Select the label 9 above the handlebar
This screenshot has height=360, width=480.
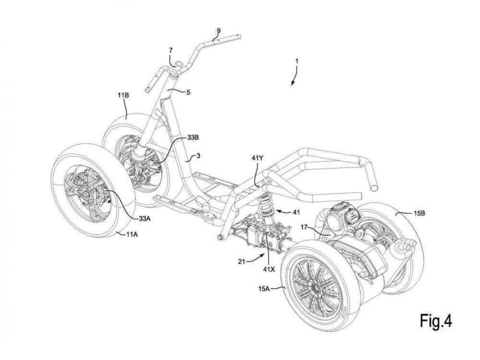click(218, 30)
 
